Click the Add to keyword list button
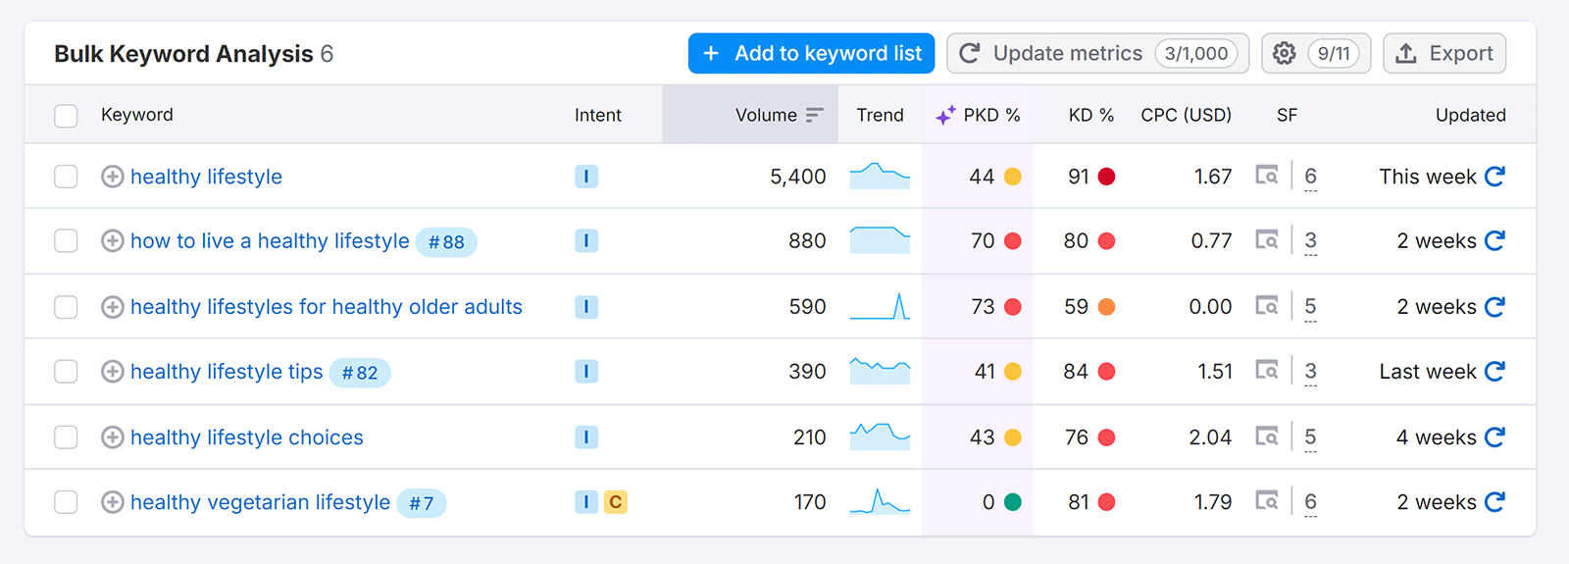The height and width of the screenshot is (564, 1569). click(x=811, y=53)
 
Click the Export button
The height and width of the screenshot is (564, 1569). click(x=1444, y=53)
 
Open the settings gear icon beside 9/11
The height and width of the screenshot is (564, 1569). click(x=1284, y=53)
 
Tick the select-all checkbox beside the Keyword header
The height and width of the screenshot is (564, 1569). click(x=66, y=116)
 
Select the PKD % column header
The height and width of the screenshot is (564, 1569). click(x=990, y=115)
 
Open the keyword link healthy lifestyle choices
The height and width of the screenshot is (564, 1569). click(x=246, y=437)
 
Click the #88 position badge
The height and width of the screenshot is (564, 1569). click(x=446, y=242)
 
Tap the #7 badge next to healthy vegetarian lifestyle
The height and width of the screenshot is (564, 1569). click(x=422, y=503)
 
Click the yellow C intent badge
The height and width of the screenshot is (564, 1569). click(x=615, y=502)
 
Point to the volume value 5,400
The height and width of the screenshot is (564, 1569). click(x=797, y=177)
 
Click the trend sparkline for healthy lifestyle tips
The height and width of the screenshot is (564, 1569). click(x=880, y=371)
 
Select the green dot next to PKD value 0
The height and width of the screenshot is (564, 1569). click(x=1013, y=502)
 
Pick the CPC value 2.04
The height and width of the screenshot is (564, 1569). click(x=1210, y=437)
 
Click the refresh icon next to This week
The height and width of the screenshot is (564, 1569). click(x=1494, y=177)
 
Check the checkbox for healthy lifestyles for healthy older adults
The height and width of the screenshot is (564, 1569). click(x=66, y=307)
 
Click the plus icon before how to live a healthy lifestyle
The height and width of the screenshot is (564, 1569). click(x=113, y=241)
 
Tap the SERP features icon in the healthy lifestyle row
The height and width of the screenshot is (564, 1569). click(x=1267, y=177)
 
